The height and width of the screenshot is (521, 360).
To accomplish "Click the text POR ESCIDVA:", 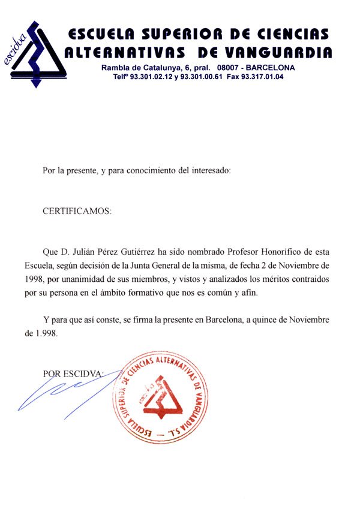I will [x=74, y=374].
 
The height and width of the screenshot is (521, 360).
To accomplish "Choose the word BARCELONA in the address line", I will [x=271, y=68].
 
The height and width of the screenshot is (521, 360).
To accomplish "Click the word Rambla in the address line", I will [x=116, y=68].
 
